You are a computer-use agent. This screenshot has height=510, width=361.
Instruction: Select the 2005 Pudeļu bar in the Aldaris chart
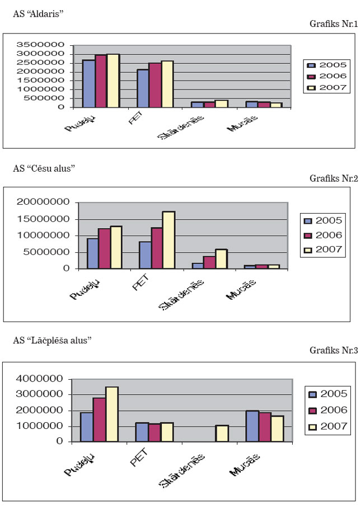point(88,83)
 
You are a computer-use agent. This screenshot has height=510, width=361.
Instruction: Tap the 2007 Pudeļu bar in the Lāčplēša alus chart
point(111,414)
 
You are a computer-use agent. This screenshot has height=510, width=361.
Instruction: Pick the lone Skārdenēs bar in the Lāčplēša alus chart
point(222,433)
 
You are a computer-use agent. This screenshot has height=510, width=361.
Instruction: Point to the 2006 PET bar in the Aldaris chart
point(154,84)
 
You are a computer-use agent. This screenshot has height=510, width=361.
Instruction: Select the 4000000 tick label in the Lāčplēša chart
point(43,379)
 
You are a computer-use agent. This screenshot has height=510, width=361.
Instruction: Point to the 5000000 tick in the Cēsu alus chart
point(46,252)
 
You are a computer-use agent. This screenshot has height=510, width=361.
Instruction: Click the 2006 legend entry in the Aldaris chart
point(328,76)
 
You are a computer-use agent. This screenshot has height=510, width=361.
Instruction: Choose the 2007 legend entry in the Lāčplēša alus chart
point(327,427)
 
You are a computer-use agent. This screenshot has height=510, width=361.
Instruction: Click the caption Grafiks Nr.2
point(333,179)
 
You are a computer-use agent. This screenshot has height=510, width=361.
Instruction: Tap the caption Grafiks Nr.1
point(333,24)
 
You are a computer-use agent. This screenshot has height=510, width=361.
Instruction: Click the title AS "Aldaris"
point(37,14)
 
